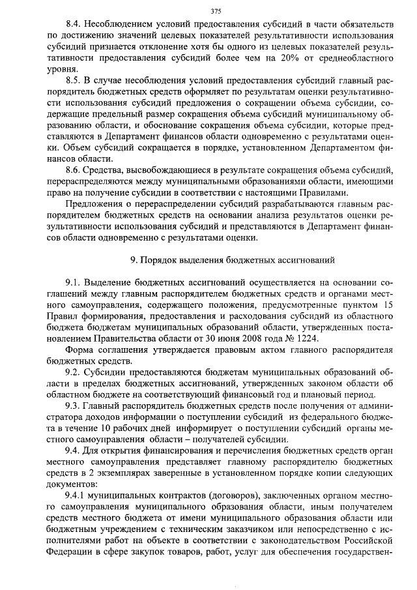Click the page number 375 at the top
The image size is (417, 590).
208,10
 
